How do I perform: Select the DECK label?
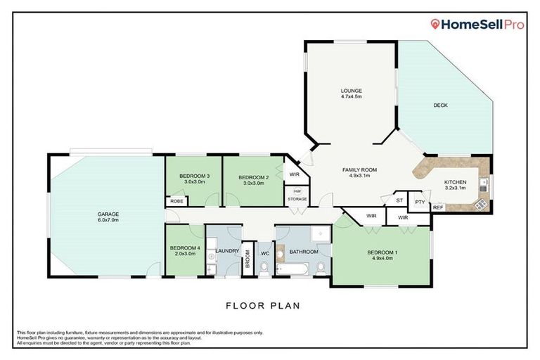pyautogui.click(x=440, y=105)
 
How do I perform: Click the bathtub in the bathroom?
pyautogui.click(x=291, y=268)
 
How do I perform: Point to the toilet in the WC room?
pyautogui.click(x=265, y=267)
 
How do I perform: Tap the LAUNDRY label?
pyautogui.click(x=228, y=251)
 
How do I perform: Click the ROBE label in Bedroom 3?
pyautogui.click(x=175, y=201)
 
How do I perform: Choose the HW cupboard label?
pyautogui.click(x=297, y=191)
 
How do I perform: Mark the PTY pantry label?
pyautogui.click(x=420, y=202)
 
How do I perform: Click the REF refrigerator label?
pyautogui.click(x=437, y=207)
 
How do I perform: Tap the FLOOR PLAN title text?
pyautogui.click(x=263, y=306)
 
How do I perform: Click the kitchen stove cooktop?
pyautogui.click(x=482, y=204)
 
